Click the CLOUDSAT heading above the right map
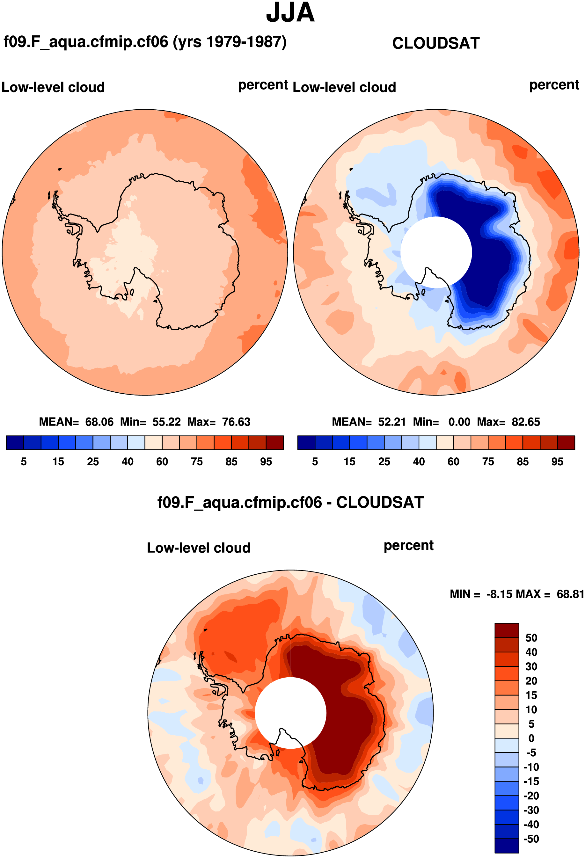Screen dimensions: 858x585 [436, 43]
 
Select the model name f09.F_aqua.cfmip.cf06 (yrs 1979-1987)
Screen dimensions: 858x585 [145, 42]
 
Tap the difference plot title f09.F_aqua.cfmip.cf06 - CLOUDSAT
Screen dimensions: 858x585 [290, 503]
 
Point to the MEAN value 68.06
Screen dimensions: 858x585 [99, 422]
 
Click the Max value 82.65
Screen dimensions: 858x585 [526, 422]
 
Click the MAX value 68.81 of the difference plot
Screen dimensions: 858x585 [570, 594]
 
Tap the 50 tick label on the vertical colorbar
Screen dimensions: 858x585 [531, 637]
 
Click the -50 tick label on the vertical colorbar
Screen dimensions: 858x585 [531, 839]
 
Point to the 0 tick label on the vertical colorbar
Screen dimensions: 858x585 [531, 738]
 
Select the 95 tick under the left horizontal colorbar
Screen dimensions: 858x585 [266, 462]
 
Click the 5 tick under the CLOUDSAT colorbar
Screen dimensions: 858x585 [315, 462]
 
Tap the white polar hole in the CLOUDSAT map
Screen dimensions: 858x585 [436, 252]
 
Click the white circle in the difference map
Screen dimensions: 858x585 [290, 713]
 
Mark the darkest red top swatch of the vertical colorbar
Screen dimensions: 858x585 [507, 630]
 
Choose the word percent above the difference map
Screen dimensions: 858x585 [408, 546]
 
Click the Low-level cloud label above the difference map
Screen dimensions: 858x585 [199, 548]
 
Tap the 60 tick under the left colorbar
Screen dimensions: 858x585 [162, 462]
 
